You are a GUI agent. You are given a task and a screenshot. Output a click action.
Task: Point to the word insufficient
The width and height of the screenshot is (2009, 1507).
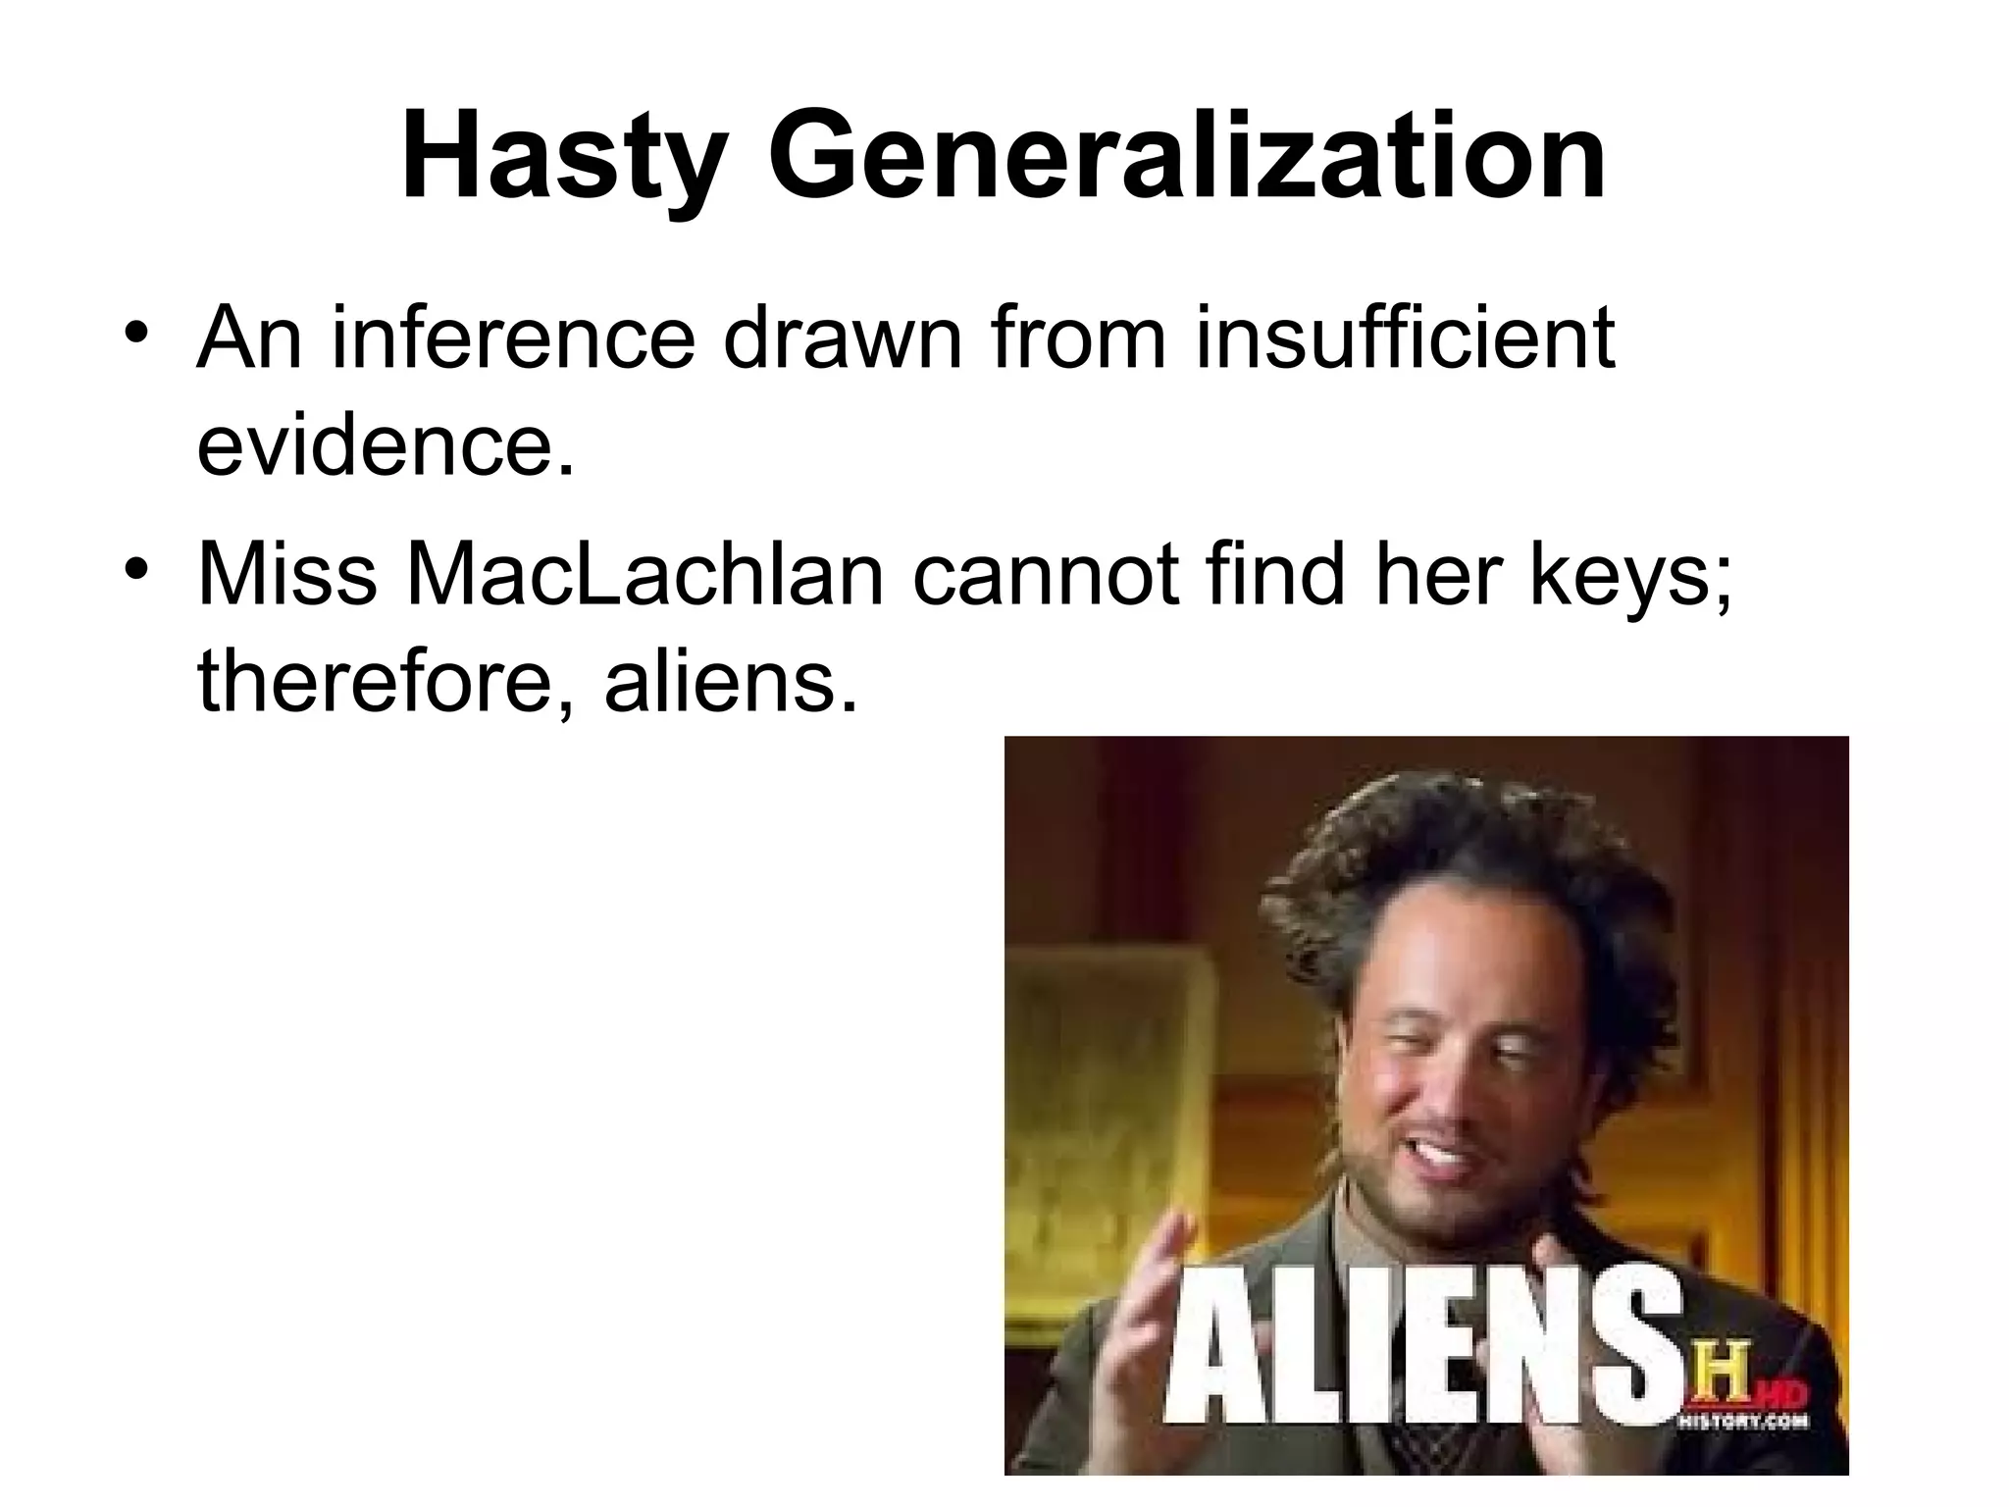click(1405, 338)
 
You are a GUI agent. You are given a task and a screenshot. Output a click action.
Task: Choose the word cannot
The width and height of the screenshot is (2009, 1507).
click(1046, 574)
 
